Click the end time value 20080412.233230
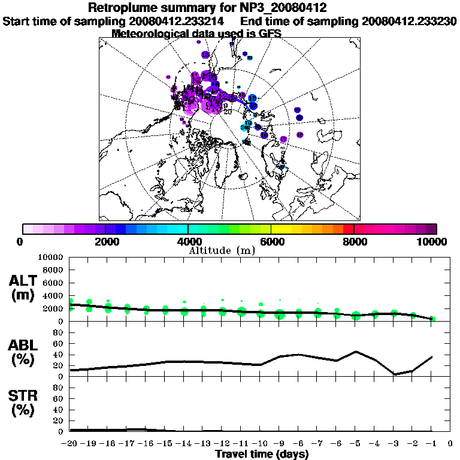(x=410, y=21)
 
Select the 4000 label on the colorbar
(x=188, y=241)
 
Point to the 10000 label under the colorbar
(x=433, y=241)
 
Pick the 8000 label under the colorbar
(x=355, y=241)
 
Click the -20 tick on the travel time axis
(x=69, y=444)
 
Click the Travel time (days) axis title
(x=262, y=455)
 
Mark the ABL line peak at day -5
(x=356, y=352)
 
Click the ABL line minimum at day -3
(x=394, y=375)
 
